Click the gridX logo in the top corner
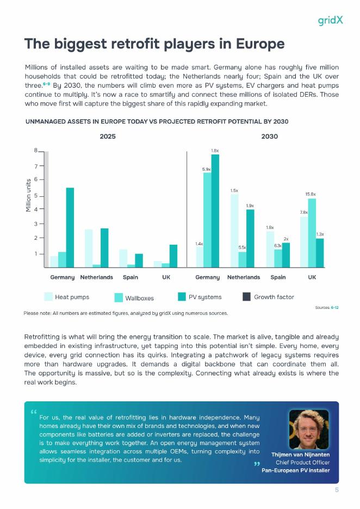point(330,21)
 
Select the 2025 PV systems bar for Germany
point(70,227)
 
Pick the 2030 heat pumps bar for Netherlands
point(234,230)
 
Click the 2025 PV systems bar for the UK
point(173,256)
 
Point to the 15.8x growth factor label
point(311,194)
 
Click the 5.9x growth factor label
point(207,169)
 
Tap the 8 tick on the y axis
point(36,151)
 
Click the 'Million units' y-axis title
point(28,195)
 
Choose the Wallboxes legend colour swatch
point(118,297)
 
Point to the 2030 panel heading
point(269,136)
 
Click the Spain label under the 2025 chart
point(130,277)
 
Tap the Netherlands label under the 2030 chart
point(243,277)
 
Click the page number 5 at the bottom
point(337,490)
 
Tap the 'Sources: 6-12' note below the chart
point(327,308)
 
